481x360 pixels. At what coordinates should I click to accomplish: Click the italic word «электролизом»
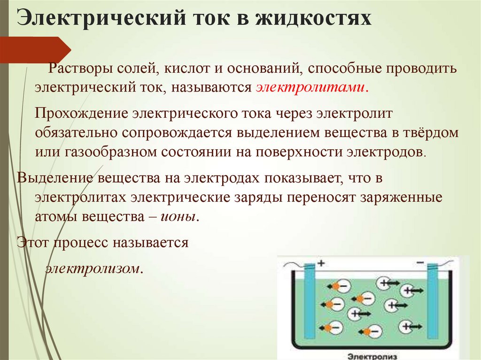click(x=93, y=269)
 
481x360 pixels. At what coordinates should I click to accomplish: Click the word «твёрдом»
click(x=431, y=133)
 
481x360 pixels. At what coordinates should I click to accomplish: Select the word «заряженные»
click(x=401, y=197)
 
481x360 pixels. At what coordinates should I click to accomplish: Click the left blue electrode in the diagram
click(x=309, y=300)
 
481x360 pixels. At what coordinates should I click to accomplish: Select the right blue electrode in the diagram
click(x=433, y=300)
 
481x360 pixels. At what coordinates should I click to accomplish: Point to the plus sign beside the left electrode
click(x=321, y=263)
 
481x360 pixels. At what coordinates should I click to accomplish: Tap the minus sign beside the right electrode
click(x=419, y=262)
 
